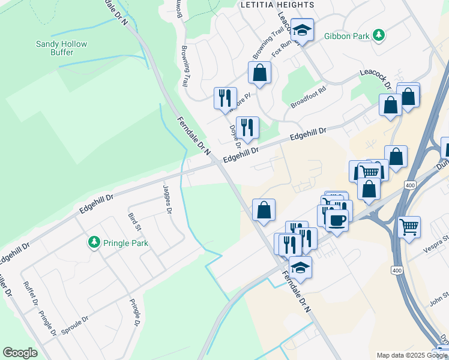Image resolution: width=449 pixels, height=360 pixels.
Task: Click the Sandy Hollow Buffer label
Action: pos(61,48)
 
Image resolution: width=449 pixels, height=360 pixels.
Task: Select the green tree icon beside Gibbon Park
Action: pos(379,36)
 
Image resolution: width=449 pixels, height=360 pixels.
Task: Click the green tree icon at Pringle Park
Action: pos(94,242)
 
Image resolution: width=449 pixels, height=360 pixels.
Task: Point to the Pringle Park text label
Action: pos(125,244)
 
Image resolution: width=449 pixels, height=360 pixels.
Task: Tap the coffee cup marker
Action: pos(337,220)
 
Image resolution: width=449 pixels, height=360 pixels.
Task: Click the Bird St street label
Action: pos(134,221)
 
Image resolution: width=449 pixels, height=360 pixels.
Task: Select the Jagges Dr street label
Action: pos(167,199)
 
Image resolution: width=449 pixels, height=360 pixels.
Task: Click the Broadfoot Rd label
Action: pos(308,97)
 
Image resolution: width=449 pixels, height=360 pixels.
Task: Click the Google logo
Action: pos(20,353)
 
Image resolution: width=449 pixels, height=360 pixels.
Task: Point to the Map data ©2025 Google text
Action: pos(411,355)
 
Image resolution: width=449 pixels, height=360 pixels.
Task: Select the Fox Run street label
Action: pos(284,48)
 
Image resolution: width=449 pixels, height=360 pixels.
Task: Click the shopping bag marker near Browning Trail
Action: pos(259,74)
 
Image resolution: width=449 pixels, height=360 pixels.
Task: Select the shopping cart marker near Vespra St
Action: pos(409,227)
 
